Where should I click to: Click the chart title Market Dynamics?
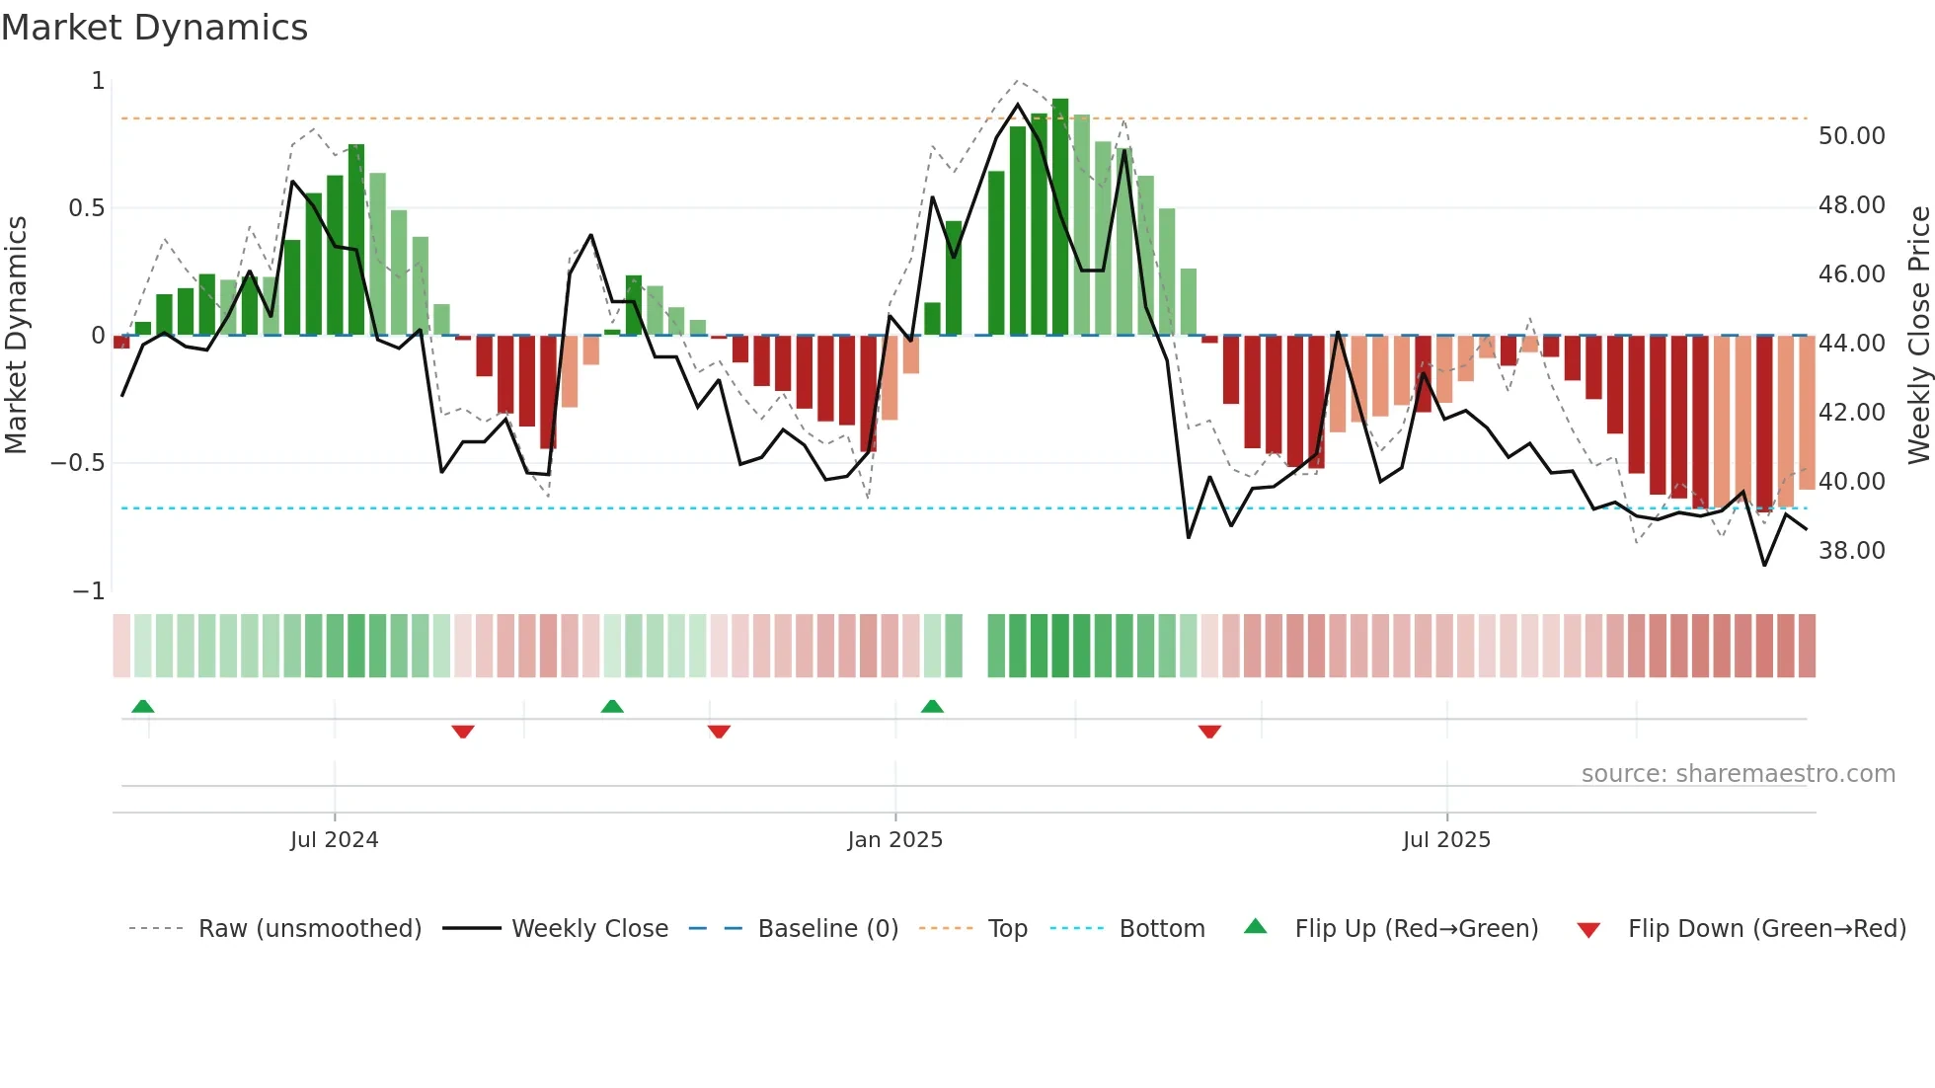tap(155, 28)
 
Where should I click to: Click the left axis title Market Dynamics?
tap(16, 335)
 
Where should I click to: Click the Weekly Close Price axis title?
tap(1918, 335)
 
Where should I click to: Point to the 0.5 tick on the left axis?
tap(86, 208)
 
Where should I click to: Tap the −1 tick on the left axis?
tap(88, 590)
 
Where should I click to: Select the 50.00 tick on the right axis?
tap(1851, 136)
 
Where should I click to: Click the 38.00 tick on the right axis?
tap(1851, 550)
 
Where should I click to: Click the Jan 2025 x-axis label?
tap(894, 839)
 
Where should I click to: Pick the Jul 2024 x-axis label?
tap(334, 839)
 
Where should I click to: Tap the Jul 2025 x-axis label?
tap(1446, 839)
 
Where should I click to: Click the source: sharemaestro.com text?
tap(1738, 773)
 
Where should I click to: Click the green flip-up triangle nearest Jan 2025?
tap(932, 706)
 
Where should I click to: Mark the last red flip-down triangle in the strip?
tap(1209, 732)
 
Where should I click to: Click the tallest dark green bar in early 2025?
tap(1060, 217)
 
